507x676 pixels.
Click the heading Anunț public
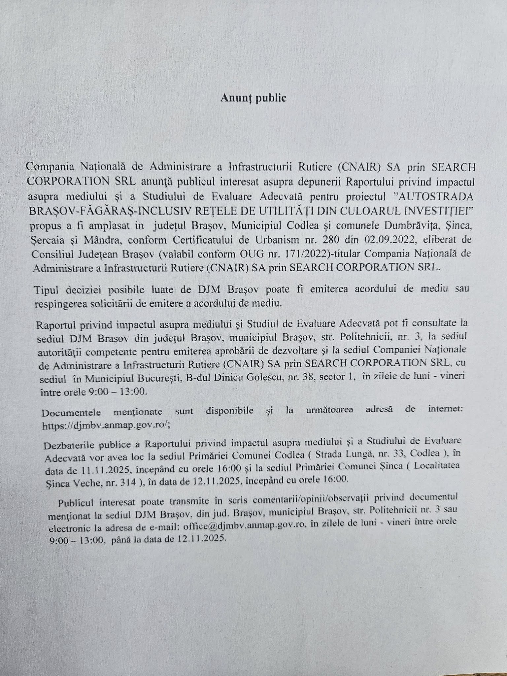tap(253, 98)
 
